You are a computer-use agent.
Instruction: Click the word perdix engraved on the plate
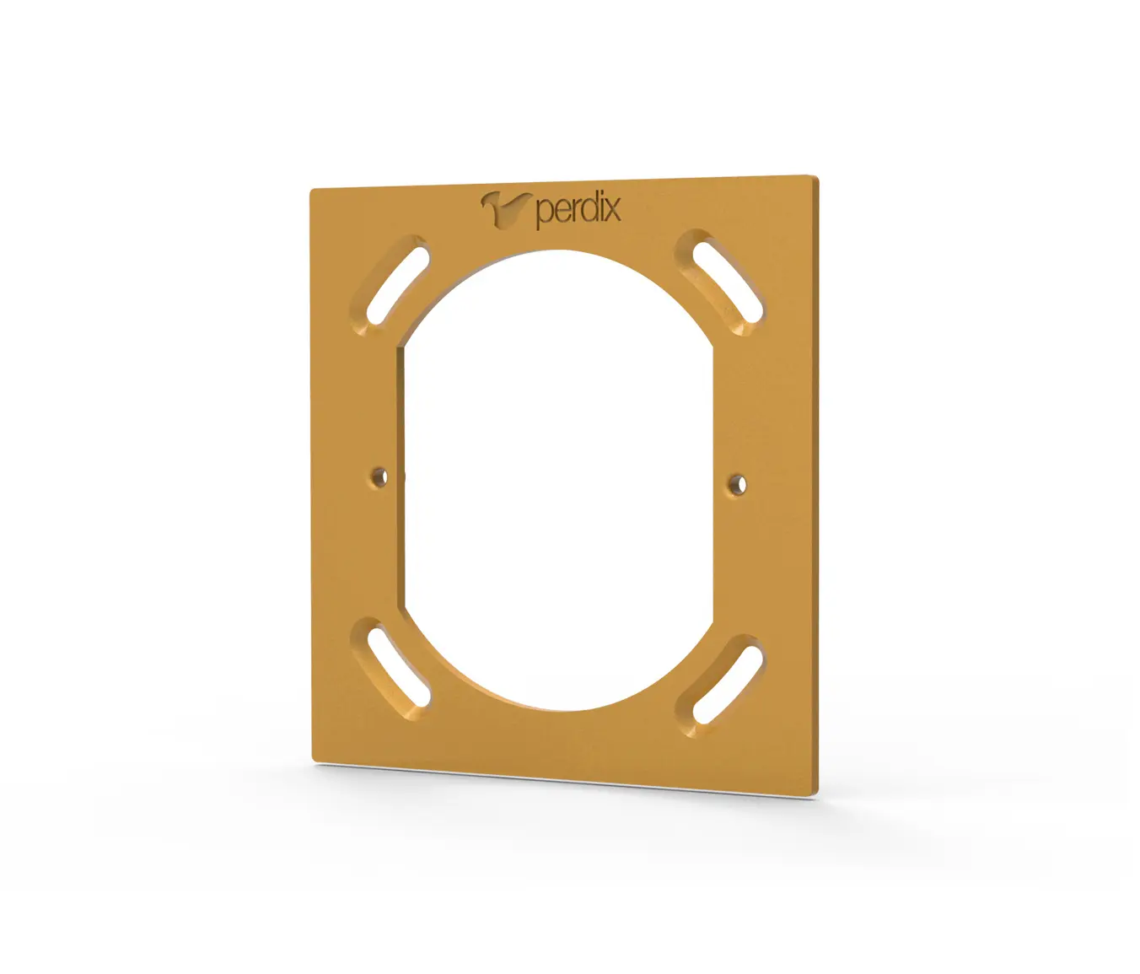[578, 208]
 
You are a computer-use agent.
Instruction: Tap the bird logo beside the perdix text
[505, 208]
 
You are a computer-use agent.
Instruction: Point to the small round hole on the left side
[379, 477]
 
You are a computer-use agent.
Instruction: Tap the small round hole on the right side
[739, 484]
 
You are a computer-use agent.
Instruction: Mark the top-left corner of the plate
[312, 191]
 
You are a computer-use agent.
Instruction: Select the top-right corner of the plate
[816, 177]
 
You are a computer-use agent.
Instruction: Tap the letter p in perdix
[544, 213]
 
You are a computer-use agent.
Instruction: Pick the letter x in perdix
[611, 208]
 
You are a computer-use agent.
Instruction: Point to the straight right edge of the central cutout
[713, 481]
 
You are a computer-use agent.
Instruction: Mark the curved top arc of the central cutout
[557, 252]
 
